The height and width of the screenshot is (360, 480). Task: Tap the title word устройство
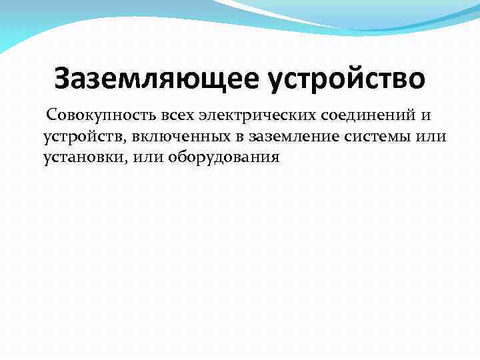click(346, 79)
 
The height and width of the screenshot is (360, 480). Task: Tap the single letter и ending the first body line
click(427, 117)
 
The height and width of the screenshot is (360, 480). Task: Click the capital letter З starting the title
click(63, 79)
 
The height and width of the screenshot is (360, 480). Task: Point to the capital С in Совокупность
click(51, 116)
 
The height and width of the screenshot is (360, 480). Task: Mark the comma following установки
click(121, 162)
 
